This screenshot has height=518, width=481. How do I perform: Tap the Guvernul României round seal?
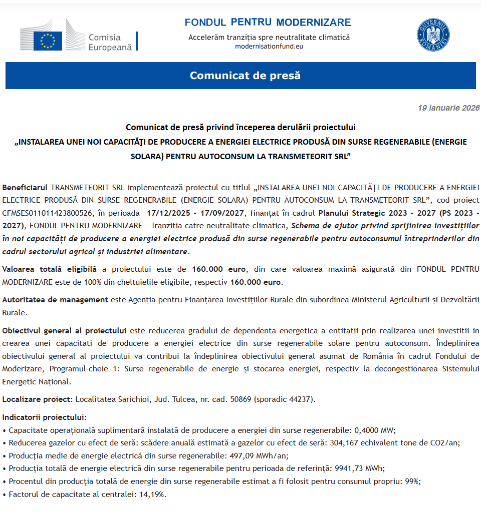(433, 35)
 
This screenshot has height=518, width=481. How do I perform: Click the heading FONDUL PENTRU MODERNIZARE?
(268, 23)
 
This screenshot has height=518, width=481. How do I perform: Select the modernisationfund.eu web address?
(269, 47)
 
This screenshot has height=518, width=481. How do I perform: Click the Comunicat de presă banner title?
(245, 76)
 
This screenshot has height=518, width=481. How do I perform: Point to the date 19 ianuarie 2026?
(448, 108)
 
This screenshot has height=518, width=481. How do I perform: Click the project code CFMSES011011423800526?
(48, 212)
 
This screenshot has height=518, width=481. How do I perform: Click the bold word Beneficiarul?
(25, 188)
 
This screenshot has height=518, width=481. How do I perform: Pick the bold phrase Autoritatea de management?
(55, 300)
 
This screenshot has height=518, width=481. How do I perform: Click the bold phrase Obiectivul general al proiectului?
(64, 331)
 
